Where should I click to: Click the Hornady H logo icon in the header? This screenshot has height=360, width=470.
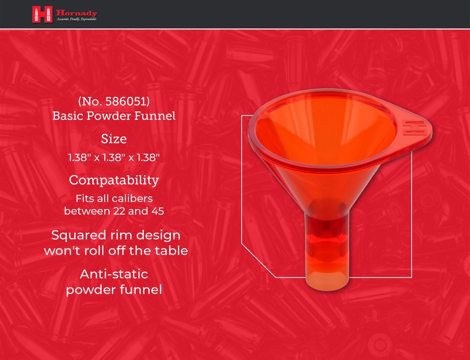coord(42,14)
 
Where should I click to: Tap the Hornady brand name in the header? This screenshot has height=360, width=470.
coord(76,12)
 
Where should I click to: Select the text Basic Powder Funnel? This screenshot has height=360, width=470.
coord(114,117)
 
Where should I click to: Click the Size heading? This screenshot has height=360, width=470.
coord(114,139)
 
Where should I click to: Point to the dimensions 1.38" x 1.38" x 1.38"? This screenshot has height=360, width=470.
coord(114,158)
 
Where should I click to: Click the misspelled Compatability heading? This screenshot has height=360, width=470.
coord(114,180)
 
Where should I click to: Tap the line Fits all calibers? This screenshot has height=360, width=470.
coord(114,199)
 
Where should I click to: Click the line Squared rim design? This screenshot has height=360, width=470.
coord(116,235)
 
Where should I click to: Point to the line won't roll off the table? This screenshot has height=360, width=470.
coord(116,251)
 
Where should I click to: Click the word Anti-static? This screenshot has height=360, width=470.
coord(114,273)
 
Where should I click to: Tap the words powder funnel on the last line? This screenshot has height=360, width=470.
coord(114,289)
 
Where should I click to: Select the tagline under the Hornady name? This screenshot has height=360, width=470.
coord(76,19)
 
